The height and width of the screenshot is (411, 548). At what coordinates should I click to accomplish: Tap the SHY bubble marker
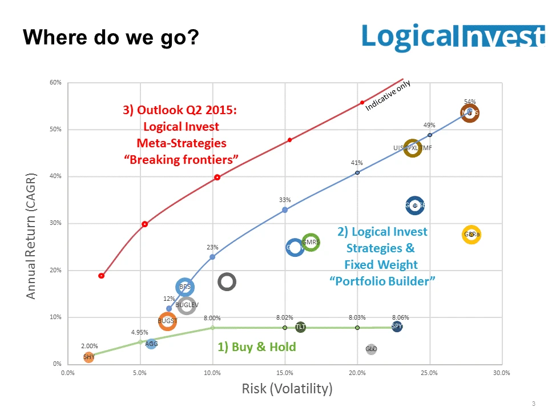point(89,357)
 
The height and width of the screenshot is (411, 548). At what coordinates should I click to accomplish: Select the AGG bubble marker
point(151,344)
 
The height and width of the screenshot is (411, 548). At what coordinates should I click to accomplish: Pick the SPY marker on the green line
point(397,327)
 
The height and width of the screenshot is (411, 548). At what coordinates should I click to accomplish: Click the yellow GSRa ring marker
point(472,234)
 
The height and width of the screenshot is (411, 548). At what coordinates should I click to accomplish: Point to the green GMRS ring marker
point(311,243)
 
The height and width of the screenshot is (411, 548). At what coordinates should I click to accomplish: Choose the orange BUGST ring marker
point(167,321)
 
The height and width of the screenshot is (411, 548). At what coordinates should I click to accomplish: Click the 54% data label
point(470,102)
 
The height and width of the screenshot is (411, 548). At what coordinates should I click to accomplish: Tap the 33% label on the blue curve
point(285,200)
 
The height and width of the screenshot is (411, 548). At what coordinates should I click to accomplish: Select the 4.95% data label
point(139,332)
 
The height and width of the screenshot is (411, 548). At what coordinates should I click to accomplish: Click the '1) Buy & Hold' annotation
point(257,346)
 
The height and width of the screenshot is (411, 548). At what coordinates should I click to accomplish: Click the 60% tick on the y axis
point(55,83)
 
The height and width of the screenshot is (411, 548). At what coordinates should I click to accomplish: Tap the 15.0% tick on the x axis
point(285,373)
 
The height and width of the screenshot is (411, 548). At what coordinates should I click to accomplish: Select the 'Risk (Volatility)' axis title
point(287,389)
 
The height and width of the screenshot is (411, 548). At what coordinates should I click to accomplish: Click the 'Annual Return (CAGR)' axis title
point(31,235)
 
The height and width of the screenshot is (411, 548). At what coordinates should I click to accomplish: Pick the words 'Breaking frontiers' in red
point(181,159)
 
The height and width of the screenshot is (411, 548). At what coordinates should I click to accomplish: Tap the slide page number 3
point(533,404)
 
